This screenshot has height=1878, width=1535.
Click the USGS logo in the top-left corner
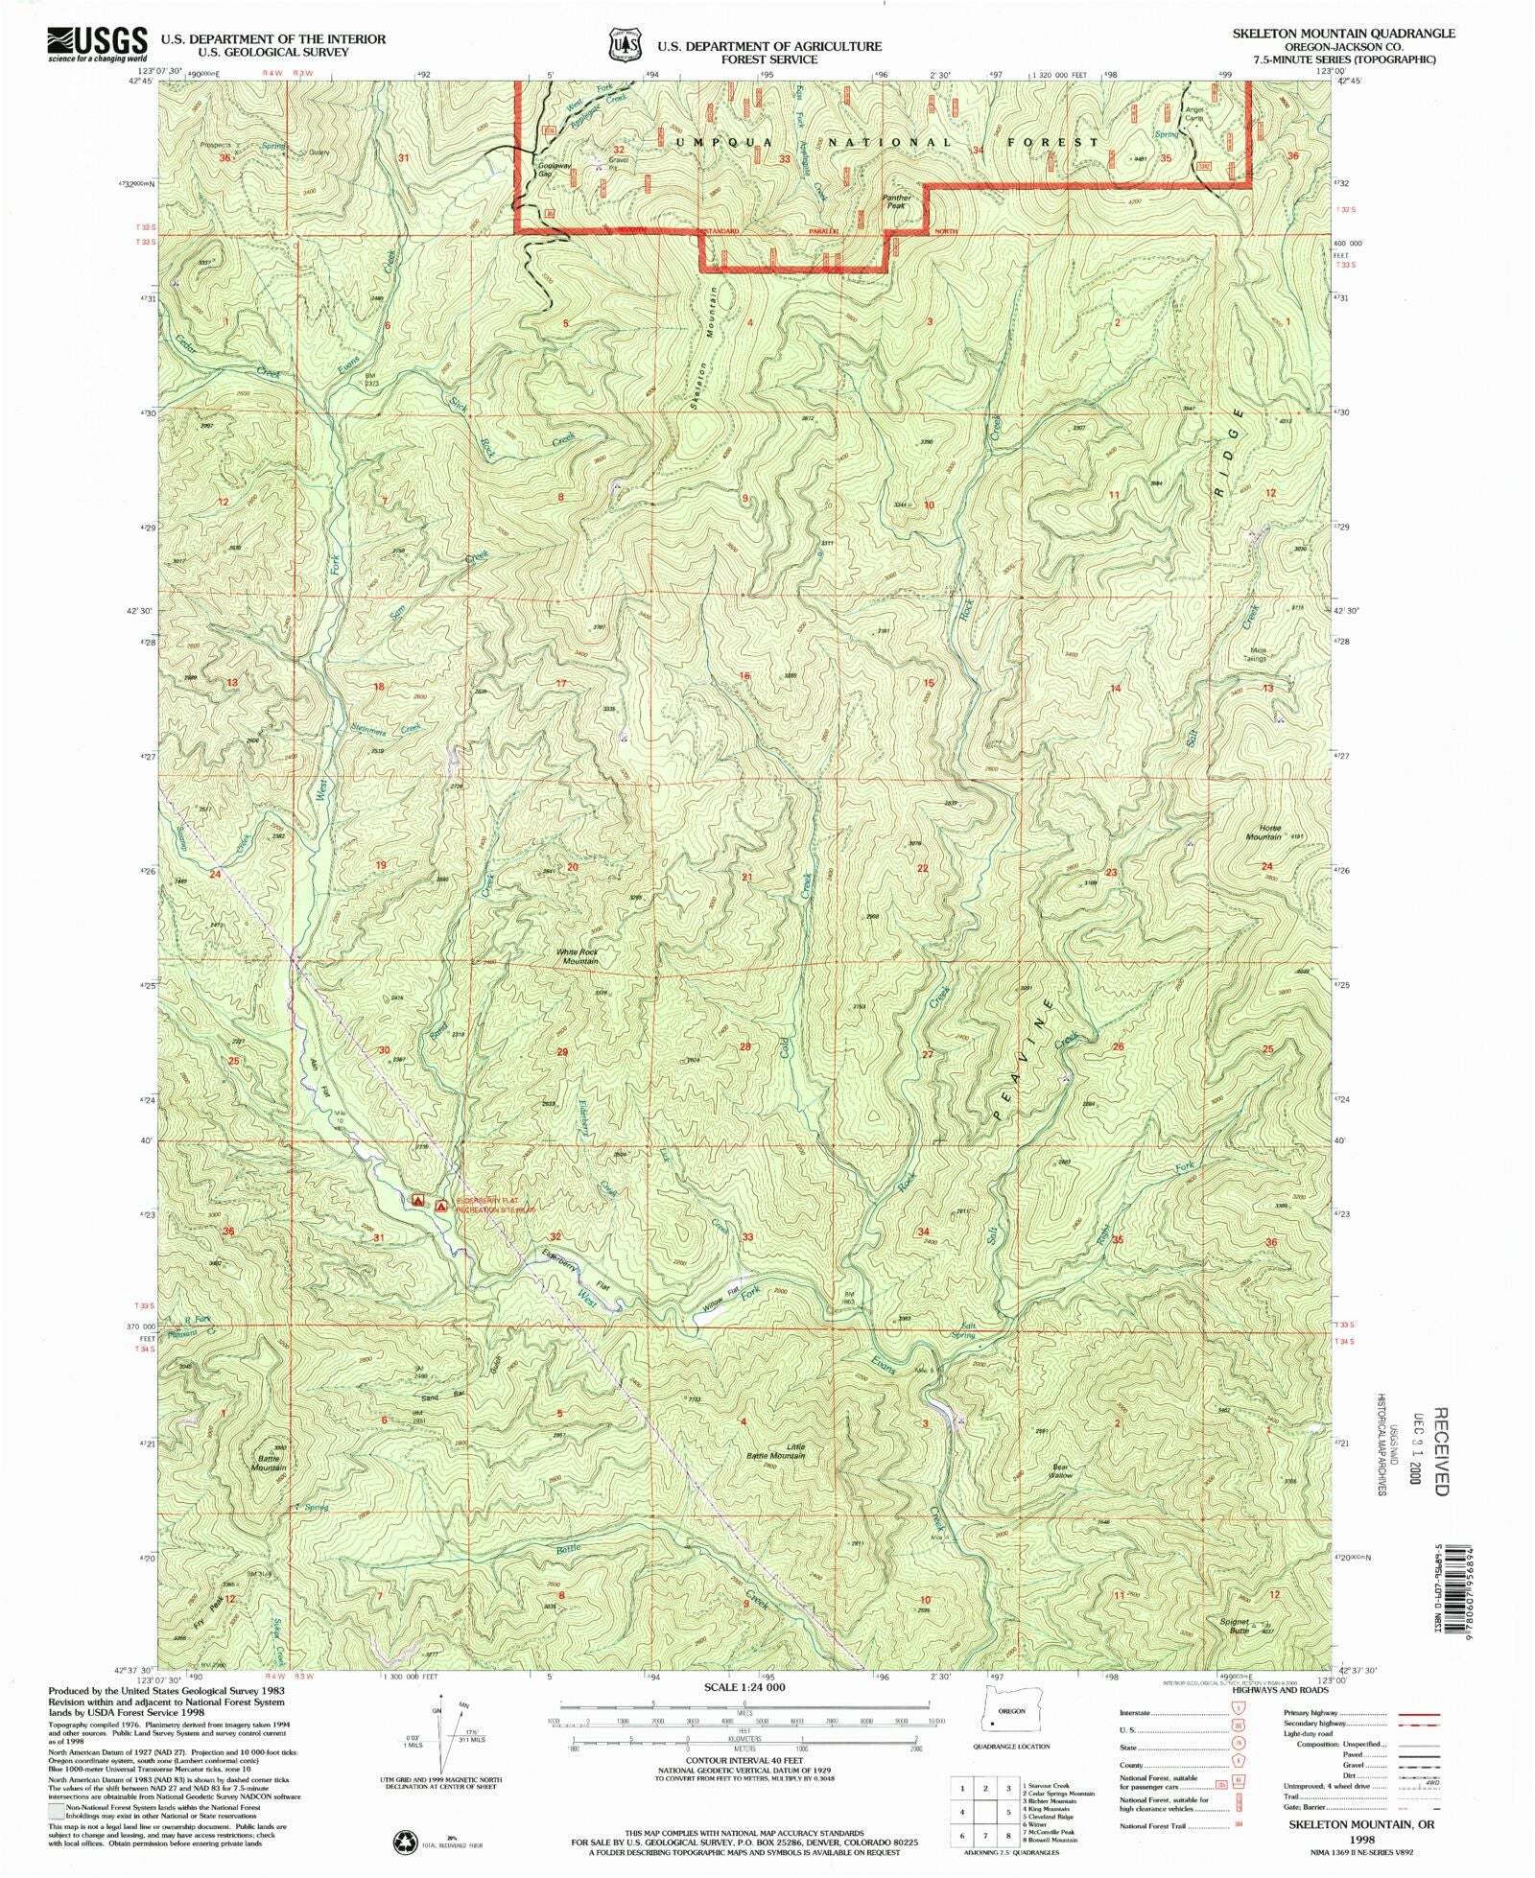pos(97,44)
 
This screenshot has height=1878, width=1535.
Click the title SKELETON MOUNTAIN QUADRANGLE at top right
pos(1343,34)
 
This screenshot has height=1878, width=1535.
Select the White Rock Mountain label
pos(579,956)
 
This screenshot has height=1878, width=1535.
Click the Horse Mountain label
pos(1263,832)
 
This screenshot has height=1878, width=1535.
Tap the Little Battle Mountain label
pos(776,1450)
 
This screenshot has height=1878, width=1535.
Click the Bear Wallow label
pos(1060,1470)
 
